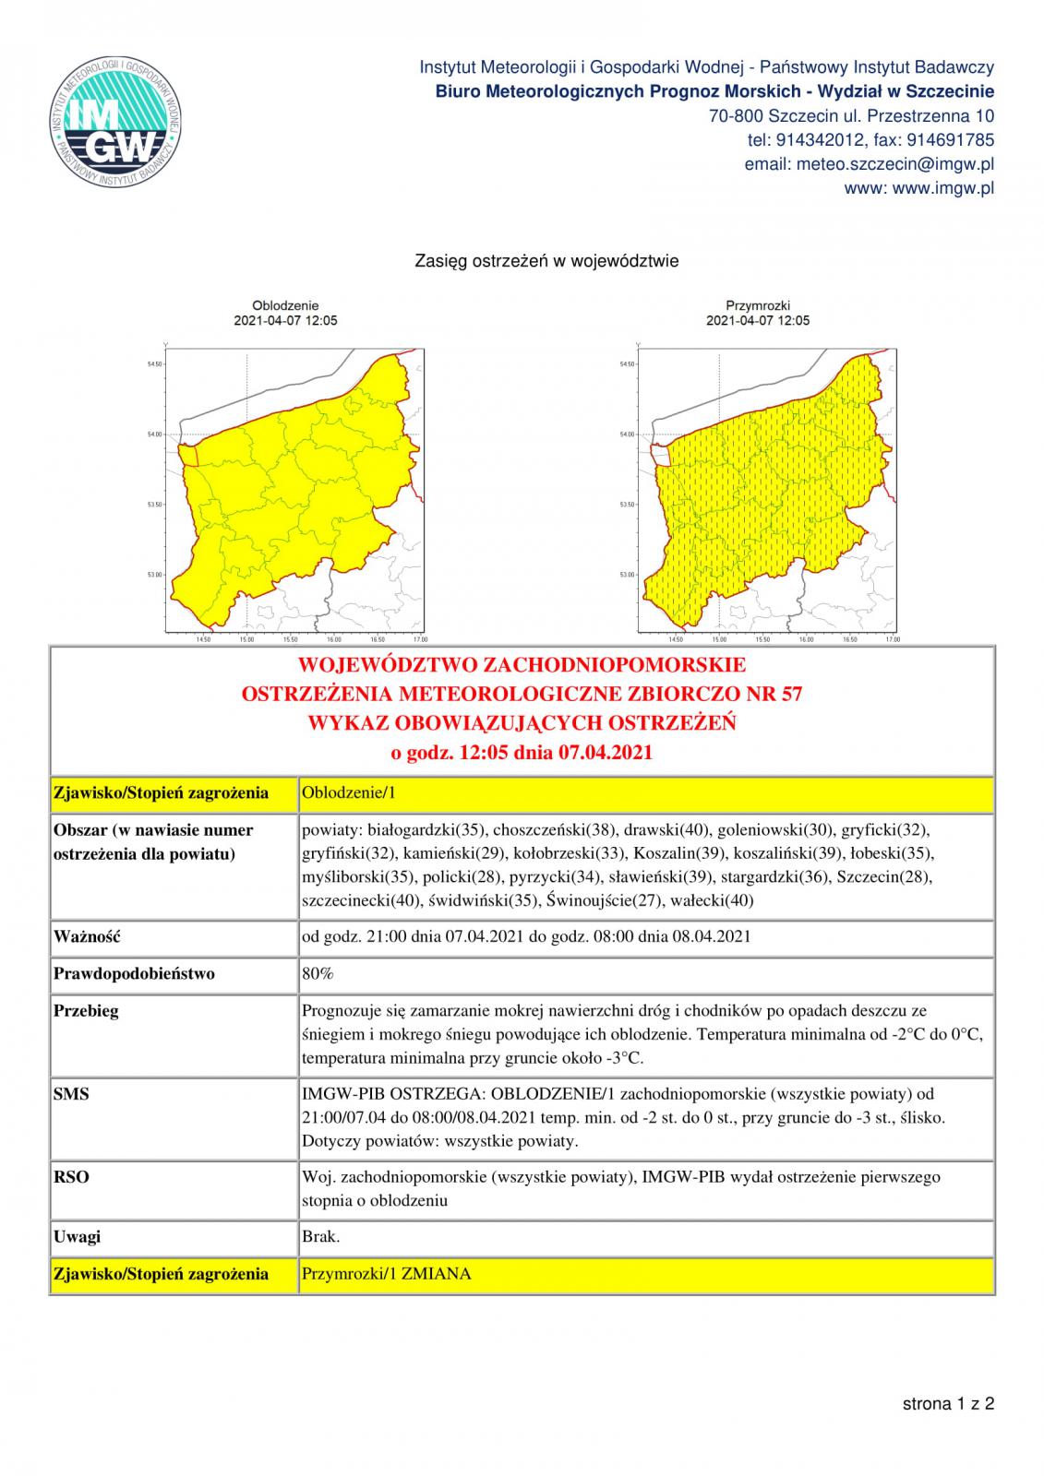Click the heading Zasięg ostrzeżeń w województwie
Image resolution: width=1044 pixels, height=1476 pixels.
(x=547, y=261)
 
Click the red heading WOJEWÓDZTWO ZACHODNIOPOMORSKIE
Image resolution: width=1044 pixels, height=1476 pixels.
(x=522, y=665)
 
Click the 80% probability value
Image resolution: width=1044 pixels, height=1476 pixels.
(x=318, y=973)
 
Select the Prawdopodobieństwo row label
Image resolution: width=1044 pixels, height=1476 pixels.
(x=135, y=973)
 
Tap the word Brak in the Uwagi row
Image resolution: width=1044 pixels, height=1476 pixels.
(x=320, y=1236)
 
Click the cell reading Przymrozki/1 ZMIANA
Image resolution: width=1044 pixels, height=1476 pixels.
(x=387, y=1274)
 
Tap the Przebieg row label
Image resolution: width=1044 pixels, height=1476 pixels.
(x=87, y=1010)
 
